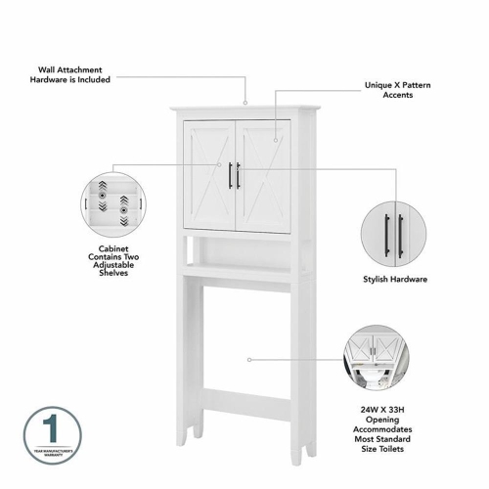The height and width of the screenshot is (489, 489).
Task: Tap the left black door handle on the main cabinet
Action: click(x=231, y=176)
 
